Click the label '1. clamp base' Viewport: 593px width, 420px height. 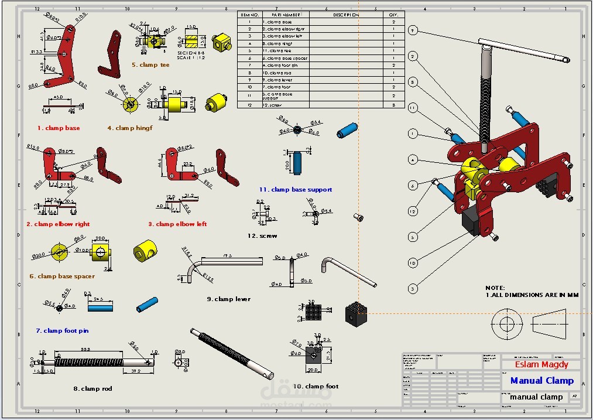point(59,128)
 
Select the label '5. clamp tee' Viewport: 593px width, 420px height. point(150,65)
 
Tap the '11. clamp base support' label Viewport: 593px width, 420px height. point(296,190)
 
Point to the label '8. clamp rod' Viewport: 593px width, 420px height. point(92,388)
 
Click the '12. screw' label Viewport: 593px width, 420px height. point(262,236)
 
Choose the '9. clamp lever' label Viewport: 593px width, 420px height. point(228,299)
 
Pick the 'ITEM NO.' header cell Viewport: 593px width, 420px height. point(249,15)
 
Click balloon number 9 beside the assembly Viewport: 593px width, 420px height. point(413,30)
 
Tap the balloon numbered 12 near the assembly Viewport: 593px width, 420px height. point(413,211)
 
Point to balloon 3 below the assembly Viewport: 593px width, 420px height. point(413,288)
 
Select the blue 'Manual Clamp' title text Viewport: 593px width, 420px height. point(542,381)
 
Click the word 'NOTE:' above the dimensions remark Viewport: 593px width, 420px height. point(495,288)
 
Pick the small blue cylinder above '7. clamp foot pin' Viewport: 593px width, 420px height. point(147,305)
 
